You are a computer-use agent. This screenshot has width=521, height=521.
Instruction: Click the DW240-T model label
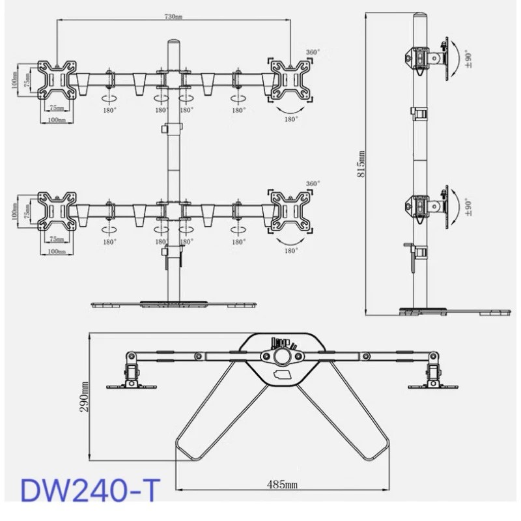click(90, 490)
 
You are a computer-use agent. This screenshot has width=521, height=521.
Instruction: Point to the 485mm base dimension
click(283, 484)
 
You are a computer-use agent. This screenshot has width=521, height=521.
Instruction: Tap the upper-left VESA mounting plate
click(57, 79)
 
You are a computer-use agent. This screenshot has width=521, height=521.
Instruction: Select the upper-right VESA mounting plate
click(290, 79)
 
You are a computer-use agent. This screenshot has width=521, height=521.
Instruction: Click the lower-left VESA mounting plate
click(57, 211)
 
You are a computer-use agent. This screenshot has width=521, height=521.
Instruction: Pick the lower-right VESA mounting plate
click(290, 211)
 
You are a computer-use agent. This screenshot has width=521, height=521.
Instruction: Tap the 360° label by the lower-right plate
click(314, 184)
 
